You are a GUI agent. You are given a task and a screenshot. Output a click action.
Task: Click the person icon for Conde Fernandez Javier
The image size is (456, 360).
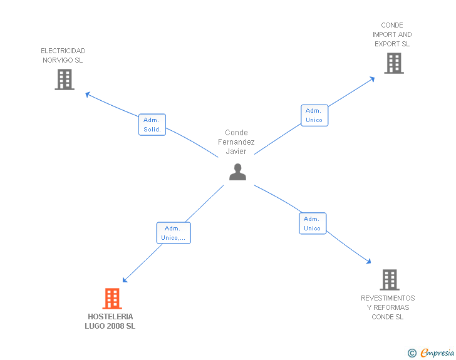[x=237, y=172]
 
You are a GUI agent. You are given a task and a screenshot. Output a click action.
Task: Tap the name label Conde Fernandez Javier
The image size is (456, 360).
[x=236, y=142]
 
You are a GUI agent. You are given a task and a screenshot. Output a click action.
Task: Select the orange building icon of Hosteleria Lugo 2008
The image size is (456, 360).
[x=111, y=299]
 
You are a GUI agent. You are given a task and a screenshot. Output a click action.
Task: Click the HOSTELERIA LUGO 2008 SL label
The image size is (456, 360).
[x=110, y=321]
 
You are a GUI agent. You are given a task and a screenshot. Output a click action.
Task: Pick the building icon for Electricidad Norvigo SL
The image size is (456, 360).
[x=65, y=80]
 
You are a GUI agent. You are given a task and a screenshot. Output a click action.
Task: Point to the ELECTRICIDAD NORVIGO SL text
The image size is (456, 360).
[x=63, y=56]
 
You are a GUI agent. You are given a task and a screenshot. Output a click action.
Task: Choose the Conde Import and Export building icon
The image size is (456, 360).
[x=393, y=63]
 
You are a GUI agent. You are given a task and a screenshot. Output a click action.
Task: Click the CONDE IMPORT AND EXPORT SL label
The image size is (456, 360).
[x=392, y=35]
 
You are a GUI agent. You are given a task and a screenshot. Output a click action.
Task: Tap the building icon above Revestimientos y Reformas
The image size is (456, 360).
[x=389, y=279]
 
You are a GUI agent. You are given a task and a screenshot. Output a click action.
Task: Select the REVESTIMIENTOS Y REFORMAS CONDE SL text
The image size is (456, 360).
[x=388, y=307]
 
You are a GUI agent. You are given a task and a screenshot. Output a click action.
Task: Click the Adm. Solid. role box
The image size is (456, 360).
[x=152, y=125]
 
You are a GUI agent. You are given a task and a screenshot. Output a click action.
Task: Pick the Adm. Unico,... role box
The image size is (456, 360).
[x=174, y=233]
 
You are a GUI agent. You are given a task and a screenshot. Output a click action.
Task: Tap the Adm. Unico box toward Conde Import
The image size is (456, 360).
[x=314, y=115]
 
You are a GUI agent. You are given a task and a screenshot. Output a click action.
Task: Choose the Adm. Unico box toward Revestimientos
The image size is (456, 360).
[x=313, y=224]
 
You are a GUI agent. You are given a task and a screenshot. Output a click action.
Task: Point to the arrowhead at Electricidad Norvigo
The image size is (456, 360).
[x=88, y=95]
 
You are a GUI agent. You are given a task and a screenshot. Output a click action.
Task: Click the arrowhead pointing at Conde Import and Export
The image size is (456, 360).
[x=372, y=78]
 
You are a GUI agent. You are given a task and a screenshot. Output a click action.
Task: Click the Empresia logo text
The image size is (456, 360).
[x=437, y=353]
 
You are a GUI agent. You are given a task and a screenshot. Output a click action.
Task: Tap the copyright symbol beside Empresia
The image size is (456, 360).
[x=412, y=353]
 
